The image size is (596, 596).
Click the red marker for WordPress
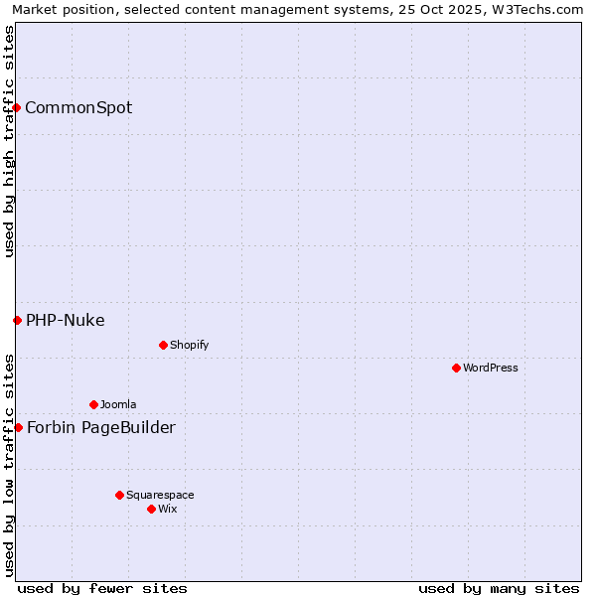coord(456,368)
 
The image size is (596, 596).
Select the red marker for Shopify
coord(163,345)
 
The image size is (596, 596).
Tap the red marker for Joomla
coord(93,404)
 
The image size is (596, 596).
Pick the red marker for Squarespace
coord(119,495)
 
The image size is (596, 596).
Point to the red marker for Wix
coord(151,509)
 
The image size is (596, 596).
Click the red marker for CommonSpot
coord(17,107)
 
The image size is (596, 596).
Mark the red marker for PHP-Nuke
coord(17,320)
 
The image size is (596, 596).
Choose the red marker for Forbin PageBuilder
coord(18,427)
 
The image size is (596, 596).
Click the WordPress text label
coord(491,368)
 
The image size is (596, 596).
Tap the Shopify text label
coord(189,345)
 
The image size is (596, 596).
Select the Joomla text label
coord(118,404)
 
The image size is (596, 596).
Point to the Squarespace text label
coord(160,495)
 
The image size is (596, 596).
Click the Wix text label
coord(167,509)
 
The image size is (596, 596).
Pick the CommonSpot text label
coord(78,107)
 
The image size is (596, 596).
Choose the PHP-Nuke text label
coord(66,320)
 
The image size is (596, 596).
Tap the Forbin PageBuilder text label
coord(101,427)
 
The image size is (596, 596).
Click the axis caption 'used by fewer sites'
coord(102,588)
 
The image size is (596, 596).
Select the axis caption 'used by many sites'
coord(499,588)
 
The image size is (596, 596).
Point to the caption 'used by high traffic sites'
coord(9,141)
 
